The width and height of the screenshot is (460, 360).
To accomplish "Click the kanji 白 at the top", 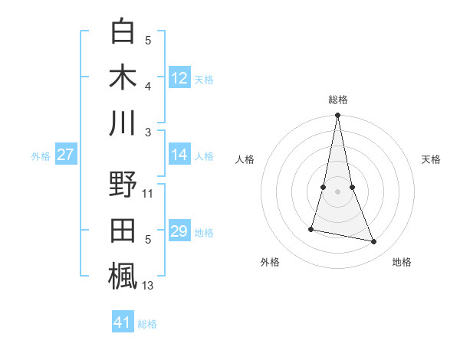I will (x=123, y=32).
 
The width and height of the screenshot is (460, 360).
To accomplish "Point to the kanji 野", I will (x=123, y=186).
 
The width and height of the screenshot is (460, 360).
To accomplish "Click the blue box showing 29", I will (x=179, y=231).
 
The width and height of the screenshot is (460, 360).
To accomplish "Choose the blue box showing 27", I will (x=66, y=155).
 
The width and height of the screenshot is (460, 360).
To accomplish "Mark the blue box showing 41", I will (x=123, y=322).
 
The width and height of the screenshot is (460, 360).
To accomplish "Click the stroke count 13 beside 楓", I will (x=148, y=286).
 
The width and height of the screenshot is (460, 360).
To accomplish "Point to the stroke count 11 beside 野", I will (x=148, y=194).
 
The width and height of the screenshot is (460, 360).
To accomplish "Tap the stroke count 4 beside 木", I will (x=148, y=87).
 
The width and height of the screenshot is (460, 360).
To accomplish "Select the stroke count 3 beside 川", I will (x=148, y=133).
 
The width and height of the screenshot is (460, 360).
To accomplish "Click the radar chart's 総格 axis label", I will (x=337, y=100).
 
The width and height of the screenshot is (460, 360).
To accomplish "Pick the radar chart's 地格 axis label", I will (x=402, y=263).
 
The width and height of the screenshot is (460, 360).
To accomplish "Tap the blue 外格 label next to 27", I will (x=41, y=156).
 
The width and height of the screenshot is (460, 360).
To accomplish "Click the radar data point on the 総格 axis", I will (x=337, y=116).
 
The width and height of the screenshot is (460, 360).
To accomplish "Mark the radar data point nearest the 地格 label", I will (x=374, y=242).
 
